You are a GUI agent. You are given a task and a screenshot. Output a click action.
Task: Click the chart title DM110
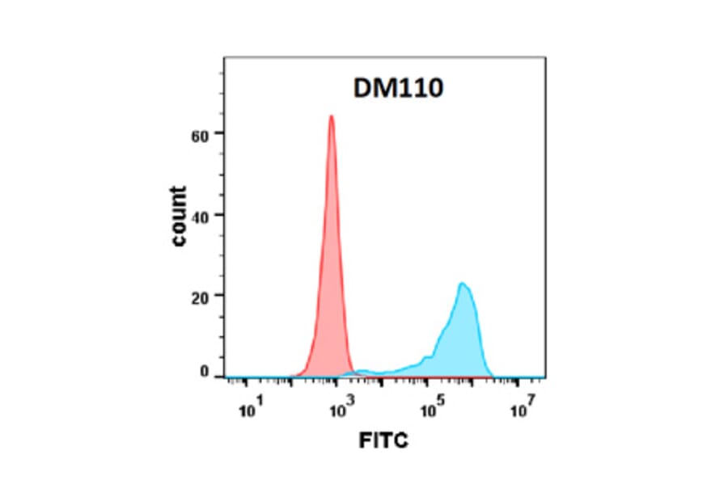coord(398,88)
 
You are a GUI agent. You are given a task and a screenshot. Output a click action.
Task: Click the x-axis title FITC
coord(384,441)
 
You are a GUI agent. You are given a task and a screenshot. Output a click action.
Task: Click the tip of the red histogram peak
coord(331,116)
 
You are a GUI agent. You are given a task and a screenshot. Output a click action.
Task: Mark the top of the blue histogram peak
coord(462,284)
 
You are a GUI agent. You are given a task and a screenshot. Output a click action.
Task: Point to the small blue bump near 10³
coord(362,371)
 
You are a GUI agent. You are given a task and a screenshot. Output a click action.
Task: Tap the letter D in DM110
coord(362,88)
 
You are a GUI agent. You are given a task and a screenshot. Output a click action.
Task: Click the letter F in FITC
coord(365,441)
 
